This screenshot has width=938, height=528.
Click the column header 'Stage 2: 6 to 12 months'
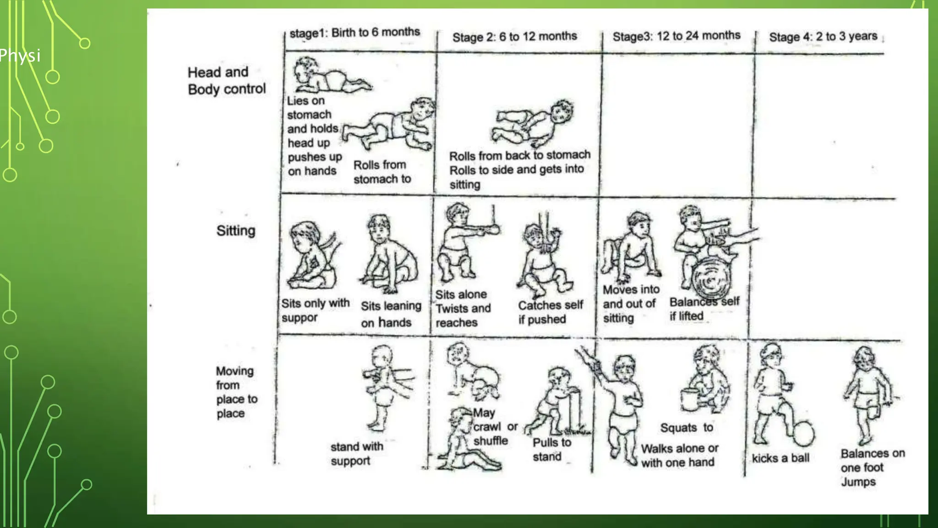click(x=514, y=37)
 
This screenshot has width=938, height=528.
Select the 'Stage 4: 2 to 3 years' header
click(x=823, y=37)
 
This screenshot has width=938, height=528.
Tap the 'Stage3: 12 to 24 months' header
click(x=676, y=36)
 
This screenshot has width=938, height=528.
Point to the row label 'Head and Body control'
click(x=227, y=81)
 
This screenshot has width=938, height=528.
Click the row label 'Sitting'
click(x=236, y=231)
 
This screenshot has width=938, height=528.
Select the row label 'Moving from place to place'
click(x=236, y=392)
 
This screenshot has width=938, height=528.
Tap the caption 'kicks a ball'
click(x=780, y=458)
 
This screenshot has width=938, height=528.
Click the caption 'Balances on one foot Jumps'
click(x=873, y=467)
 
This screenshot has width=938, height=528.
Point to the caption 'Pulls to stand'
click(x=552, y=450)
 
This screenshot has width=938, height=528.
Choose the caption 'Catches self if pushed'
click(x=551, y=312)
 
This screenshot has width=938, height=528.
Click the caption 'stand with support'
click(x=357, y=454)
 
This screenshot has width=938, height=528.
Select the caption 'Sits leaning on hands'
click(x=391, y=314)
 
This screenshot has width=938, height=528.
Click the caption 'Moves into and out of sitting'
click(x=631, y=304)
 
